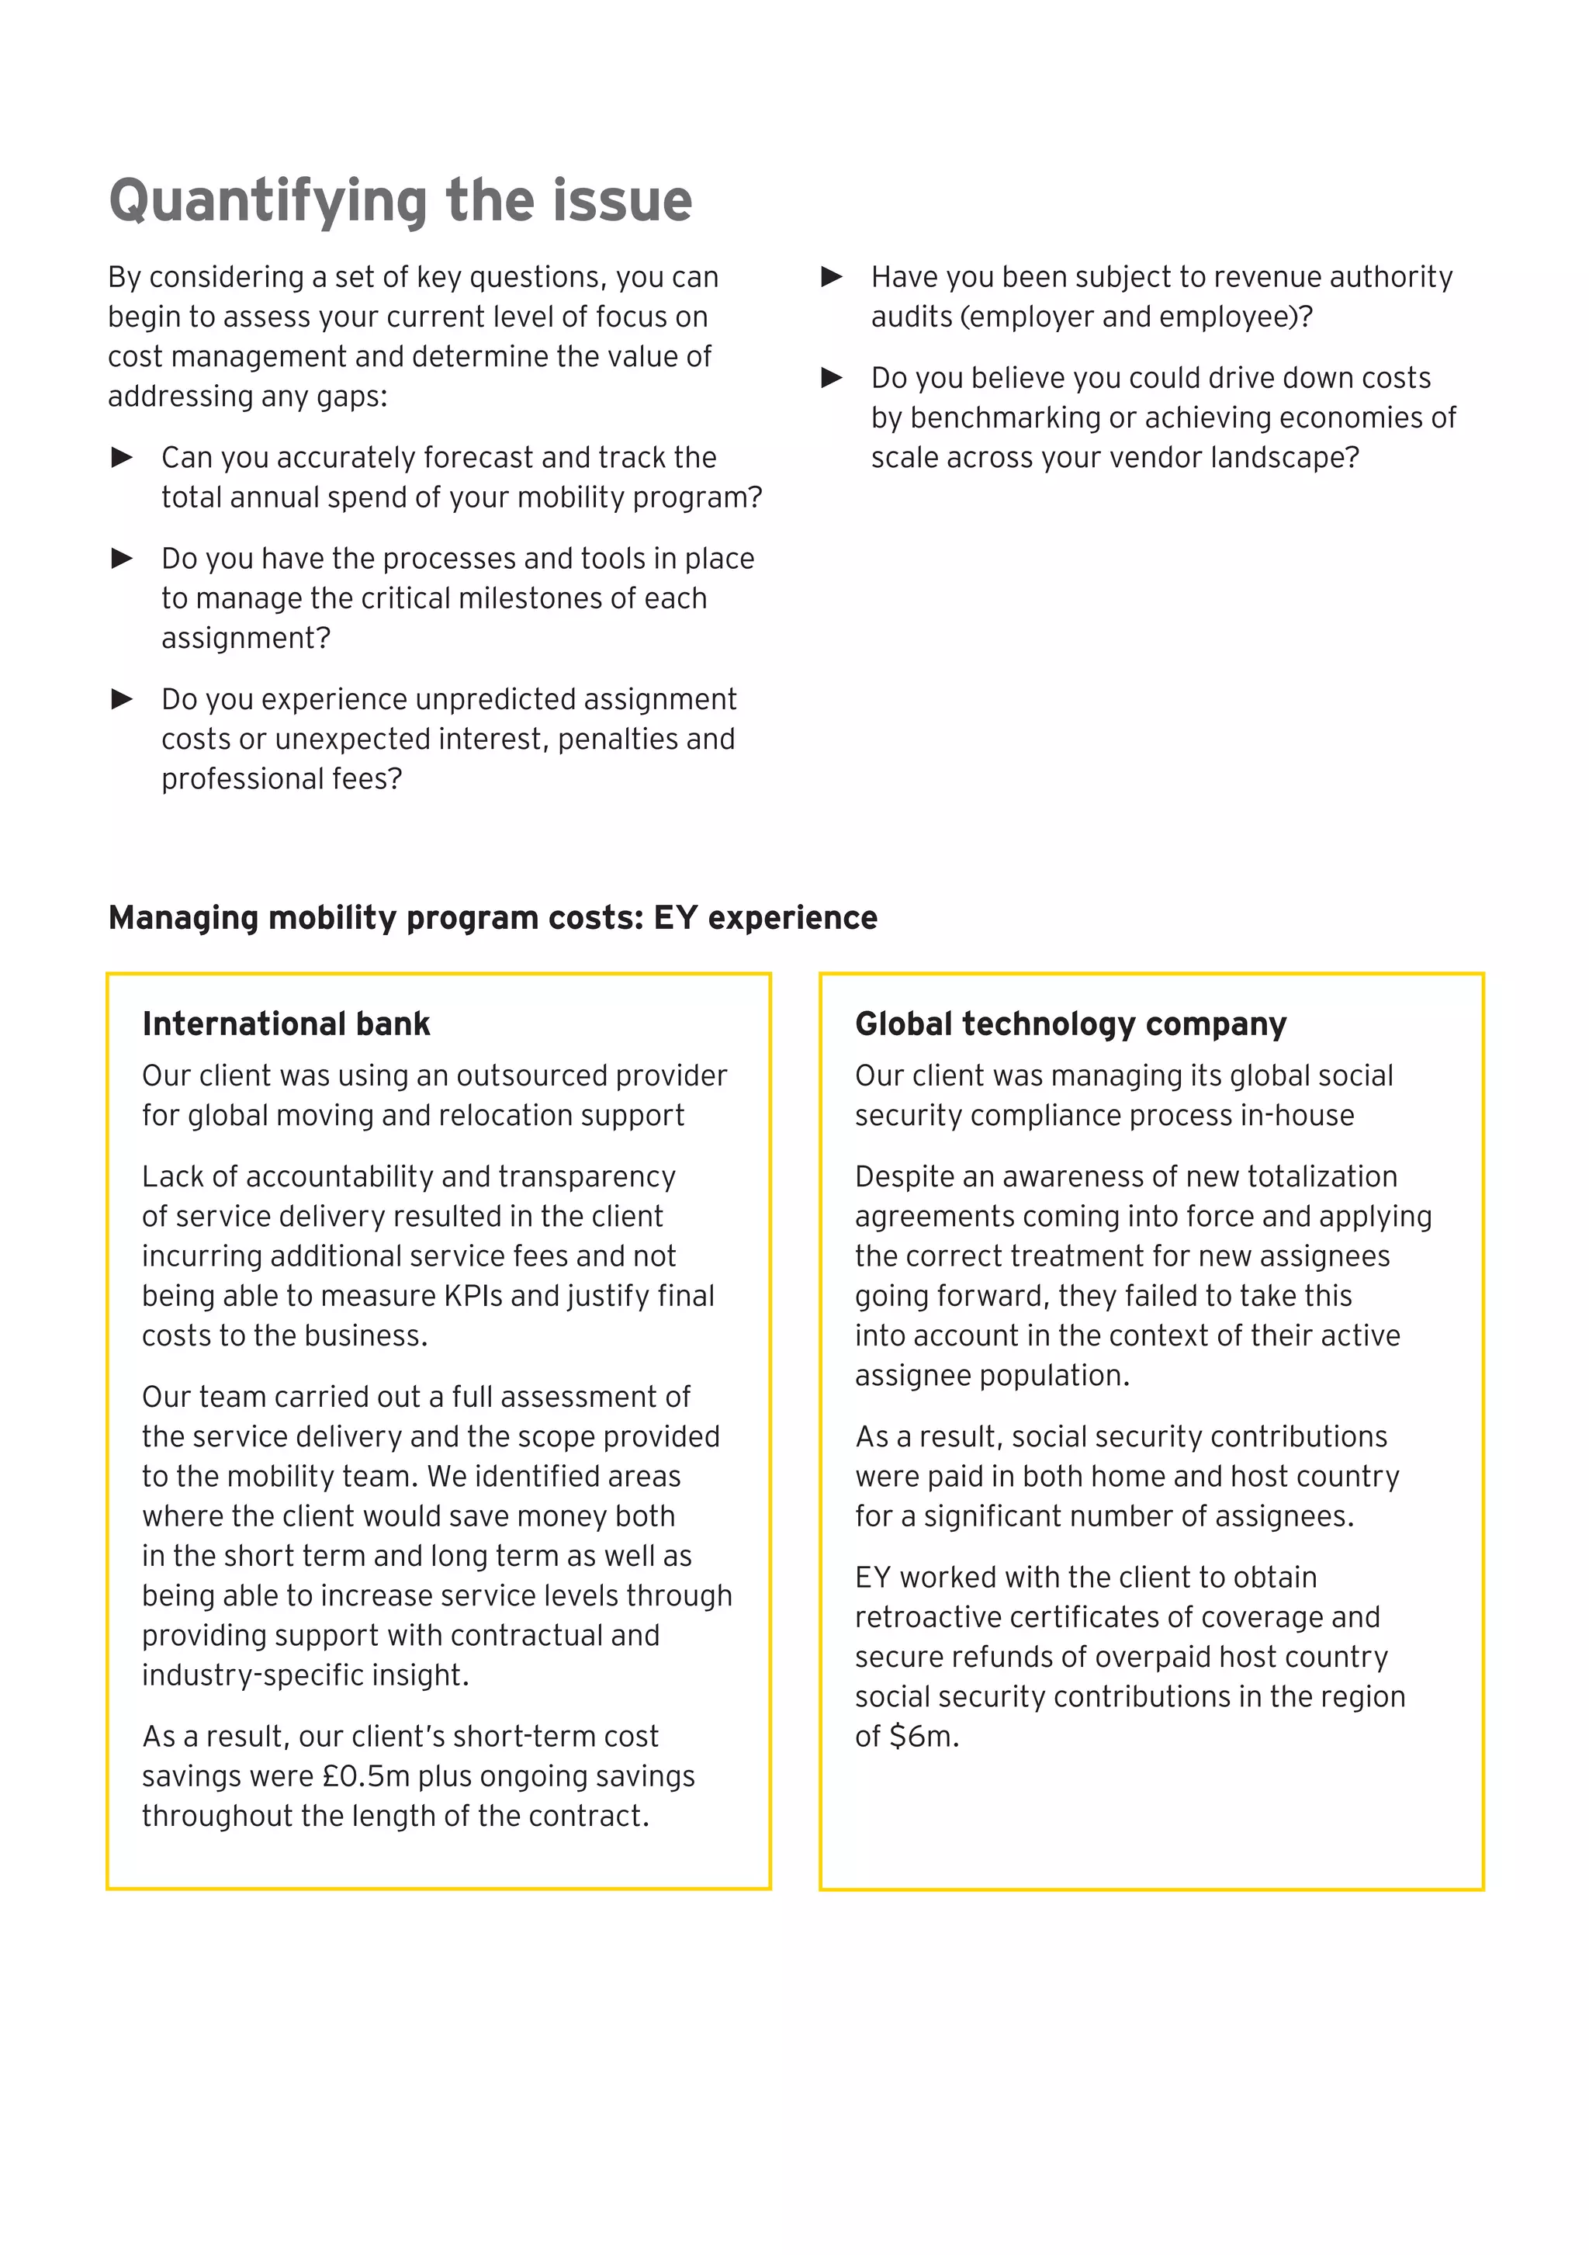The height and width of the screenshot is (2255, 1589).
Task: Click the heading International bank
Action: click(x=286, y=1024)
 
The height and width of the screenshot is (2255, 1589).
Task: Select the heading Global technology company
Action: click(x=1069, y=1024)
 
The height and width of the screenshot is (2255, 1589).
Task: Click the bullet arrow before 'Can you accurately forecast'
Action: click(x=122, y=457)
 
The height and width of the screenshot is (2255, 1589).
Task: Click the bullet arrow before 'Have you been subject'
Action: click(x=831, y=276)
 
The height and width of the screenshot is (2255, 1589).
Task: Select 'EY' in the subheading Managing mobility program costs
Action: click(x=675, y=917)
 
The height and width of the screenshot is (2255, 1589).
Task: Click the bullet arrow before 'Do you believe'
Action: click(x=831, y=377)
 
